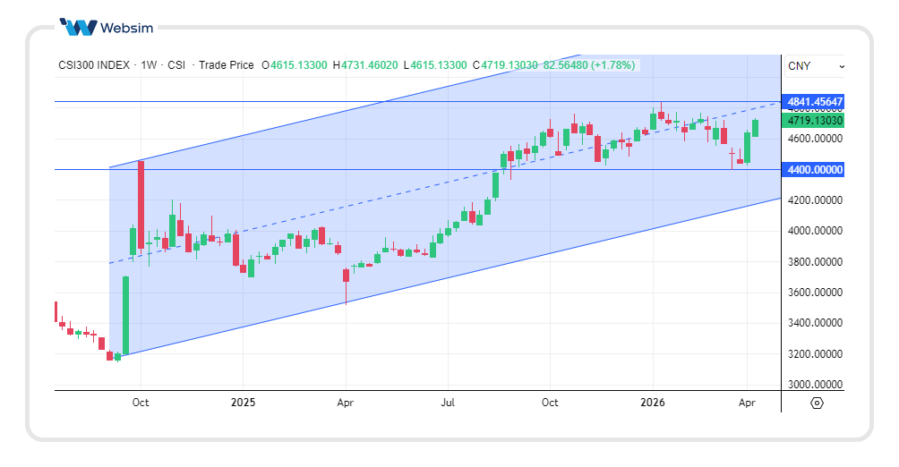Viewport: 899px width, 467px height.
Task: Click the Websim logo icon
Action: (77, 27)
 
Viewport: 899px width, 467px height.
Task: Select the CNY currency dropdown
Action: (815, 66)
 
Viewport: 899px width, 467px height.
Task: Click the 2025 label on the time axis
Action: (243, 403)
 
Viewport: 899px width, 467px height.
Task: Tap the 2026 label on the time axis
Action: (653, 403)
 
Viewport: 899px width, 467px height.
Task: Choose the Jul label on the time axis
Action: (448, 403)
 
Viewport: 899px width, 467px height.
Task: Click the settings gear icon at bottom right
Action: (817, 403)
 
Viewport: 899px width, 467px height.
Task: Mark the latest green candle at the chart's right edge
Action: (755, 128)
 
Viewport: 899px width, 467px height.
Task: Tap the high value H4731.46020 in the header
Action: (367, 65)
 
